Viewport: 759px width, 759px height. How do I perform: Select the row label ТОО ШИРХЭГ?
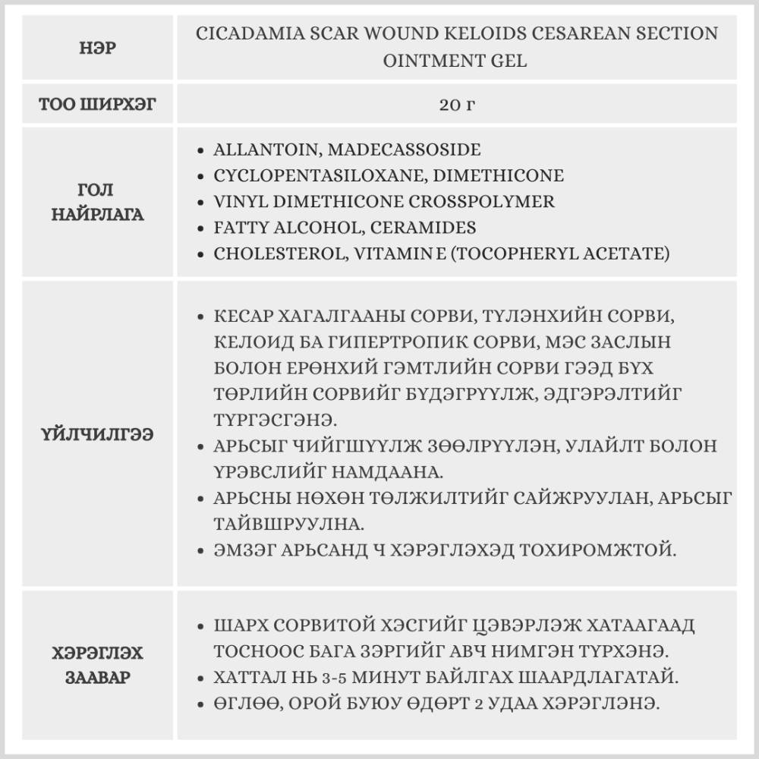pos(98,104)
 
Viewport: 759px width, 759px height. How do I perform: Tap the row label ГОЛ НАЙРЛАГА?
pos(98,202)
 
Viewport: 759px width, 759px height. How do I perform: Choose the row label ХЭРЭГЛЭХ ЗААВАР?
pos(98,665)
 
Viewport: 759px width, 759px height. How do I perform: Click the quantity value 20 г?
pos(456,104)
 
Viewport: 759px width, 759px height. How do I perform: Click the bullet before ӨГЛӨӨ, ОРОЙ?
pos(200,704)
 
